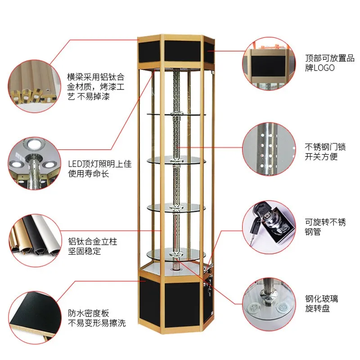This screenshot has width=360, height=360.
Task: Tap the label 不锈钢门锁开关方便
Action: click(321, 151)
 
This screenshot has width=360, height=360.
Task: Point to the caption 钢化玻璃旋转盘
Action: click(321, 304)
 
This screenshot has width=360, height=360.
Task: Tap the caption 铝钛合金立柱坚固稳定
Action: click(92, 247)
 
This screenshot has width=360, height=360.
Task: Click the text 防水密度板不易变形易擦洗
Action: click(96, 318)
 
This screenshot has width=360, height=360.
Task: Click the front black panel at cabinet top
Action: click(183, 50)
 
